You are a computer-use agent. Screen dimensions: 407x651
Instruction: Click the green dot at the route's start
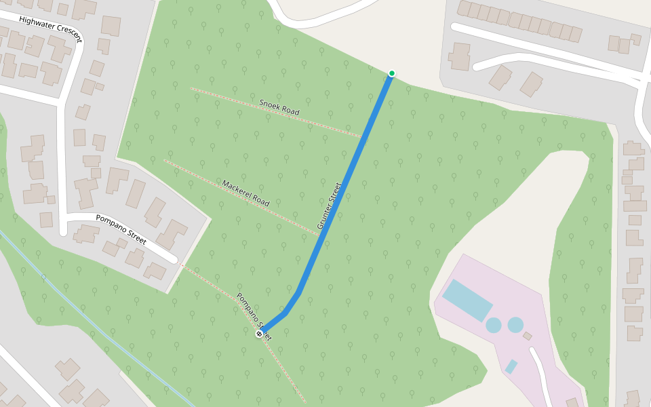point(391,73)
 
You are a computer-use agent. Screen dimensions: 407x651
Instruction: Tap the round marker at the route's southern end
point(259,334)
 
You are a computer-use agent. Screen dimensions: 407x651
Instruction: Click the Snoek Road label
point(279,106)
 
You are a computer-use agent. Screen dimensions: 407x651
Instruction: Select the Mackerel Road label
point(245,193)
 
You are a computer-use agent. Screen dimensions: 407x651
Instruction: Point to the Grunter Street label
point(328,206)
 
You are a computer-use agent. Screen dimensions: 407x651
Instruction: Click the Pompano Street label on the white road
point(121,229)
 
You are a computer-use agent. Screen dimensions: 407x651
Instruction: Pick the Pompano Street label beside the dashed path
point(253,316)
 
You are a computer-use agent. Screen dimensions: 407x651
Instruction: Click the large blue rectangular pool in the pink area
point(467,300)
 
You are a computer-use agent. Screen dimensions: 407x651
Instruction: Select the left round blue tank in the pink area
point(494,325)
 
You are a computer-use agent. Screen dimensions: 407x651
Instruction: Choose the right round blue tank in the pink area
point(516,325)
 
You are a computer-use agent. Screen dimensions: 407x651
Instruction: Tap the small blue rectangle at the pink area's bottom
point(511,366)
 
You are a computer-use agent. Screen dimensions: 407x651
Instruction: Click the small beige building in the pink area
point(528,336)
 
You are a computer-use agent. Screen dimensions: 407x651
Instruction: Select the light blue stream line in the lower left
point(102,326)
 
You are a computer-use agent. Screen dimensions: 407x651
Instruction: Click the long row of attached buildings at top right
point(519,21)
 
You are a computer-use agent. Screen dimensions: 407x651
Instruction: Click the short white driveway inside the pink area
point(542,370)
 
